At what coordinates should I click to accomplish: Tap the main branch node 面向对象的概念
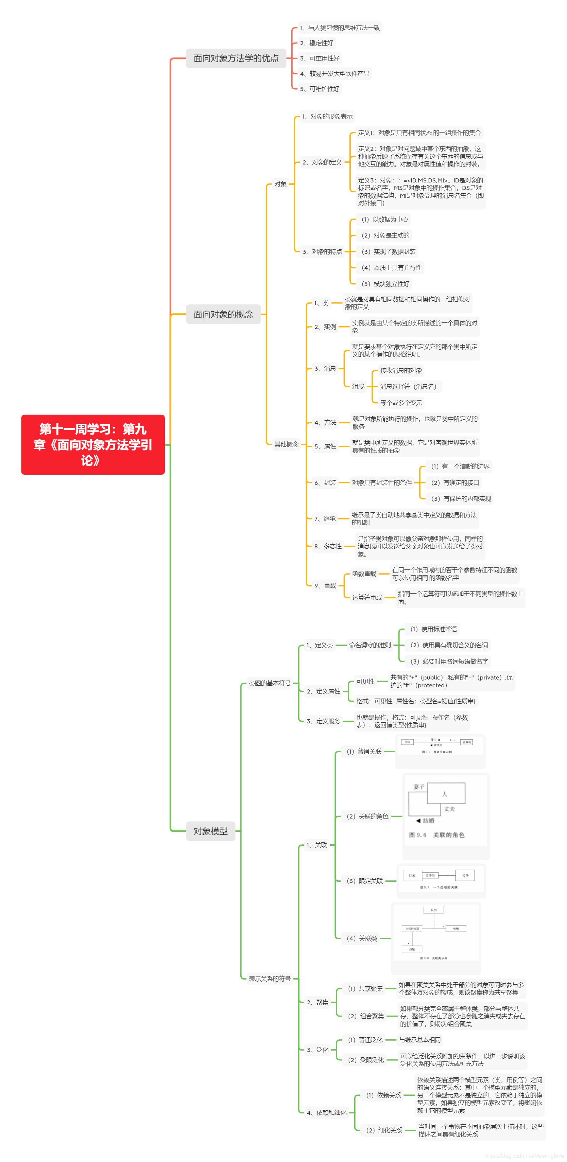(x=223, y=314)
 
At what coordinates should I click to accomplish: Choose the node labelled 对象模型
(x=210, y=831)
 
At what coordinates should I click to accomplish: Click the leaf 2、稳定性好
(x=316, y=43)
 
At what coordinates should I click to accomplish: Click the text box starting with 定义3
(x=420, y=192)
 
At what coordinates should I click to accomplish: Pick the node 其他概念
(x=286, y=444)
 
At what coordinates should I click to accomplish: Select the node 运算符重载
(x=367, y=597)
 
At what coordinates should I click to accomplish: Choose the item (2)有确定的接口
(x=454, y=483)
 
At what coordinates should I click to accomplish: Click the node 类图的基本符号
(x=270, y=683)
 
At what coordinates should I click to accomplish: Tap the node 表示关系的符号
(x=270, y=979)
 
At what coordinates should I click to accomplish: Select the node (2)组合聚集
(x=366, y=1016)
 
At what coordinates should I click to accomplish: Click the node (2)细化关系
(x=384, y=1130)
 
